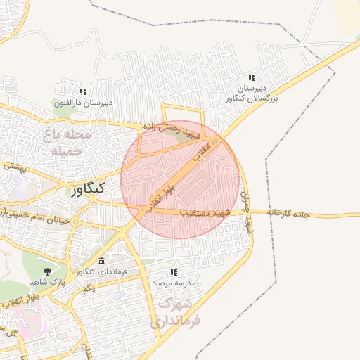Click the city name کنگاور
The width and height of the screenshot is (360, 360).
(x=87, y=188)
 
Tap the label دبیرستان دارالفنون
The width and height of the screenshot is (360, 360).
(x=84, y=103)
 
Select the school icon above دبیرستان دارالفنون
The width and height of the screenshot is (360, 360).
(x=83, y=91)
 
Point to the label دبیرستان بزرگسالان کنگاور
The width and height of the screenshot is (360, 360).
(x=252, y=94)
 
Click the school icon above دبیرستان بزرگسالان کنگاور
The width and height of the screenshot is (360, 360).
(x=252, y=78)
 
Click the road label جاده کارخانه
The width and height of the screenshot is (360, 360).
(x=289, y=212)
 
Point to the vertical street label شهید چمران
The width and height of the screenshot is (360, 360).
(x=245, y=212)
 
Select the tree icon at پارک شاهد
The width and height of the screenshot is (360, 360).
(x=48, y=271)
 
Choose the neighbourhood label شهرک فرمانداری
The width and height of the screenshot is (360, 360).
(x=175, y=312)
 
